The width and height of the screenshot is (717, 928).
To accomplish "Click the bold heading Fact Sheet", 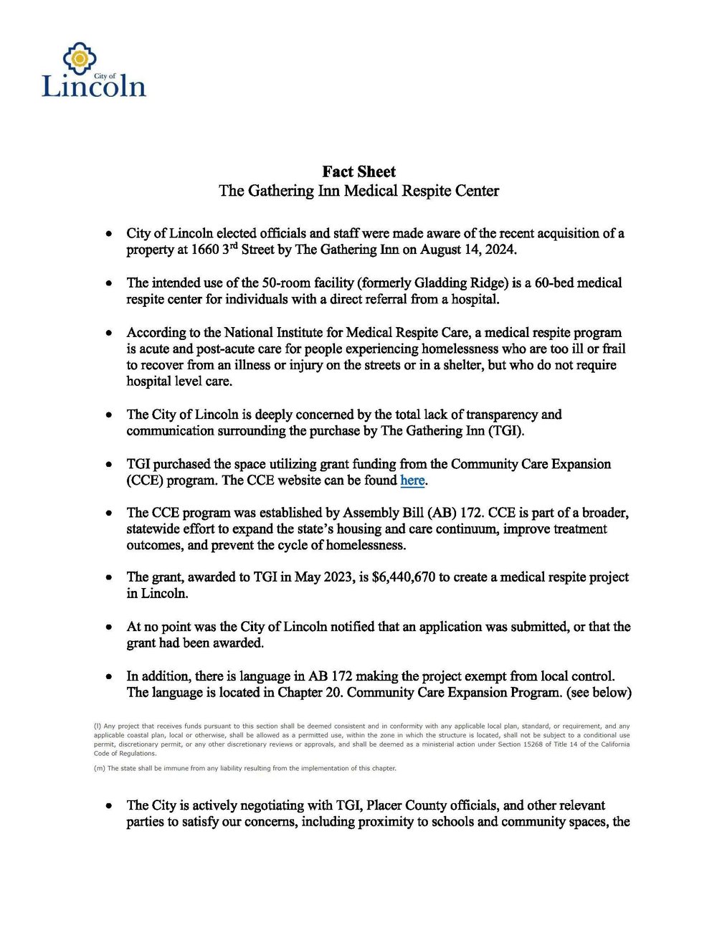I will [358, 171].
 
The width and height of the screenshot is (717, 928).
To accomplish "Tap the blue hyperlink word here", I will [412, 480].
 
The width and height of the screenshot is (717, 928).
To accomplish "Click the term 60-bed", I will [548, 283].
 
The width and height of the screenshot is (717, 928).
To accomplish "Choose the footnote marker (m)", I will [99, 768].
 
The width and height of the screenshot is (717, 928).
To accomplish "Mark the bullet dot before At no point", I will [108, 628].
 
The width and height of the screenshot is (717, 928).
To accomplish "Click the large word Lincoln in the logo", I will [94, 86].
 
